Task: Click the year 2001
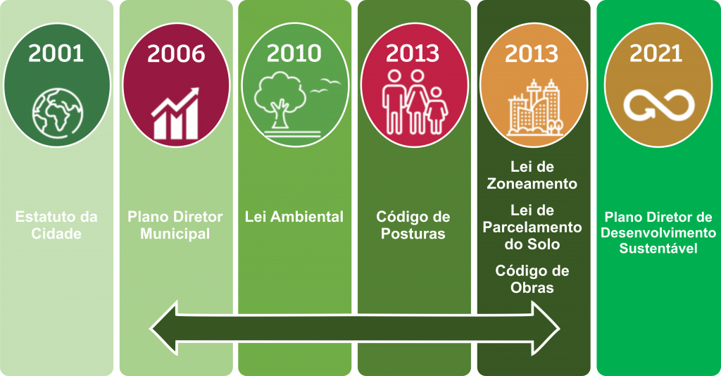[56, 54]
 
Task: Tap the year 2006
[176, 54]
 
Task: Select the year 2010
[294, 54]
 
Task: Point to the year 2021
[656, 54]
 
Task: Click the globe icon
[58, 113]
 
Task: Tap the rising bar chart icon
[175, 113]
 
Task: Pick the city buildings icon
[535, 108]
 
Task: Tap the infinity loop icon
[659, 105]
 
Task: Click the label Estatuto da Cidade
[56, 225]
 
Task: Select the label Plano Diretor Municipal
[175, 225]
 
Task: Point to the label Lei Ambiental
[294, 216]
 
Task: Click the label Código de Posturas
[413, 225]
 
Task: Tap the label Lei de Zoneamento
[532, 175]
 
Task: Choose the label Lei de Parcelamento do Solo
[532, 227]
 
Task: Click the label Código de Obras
[532, 279]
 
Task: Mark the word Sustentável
[658, 249]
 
